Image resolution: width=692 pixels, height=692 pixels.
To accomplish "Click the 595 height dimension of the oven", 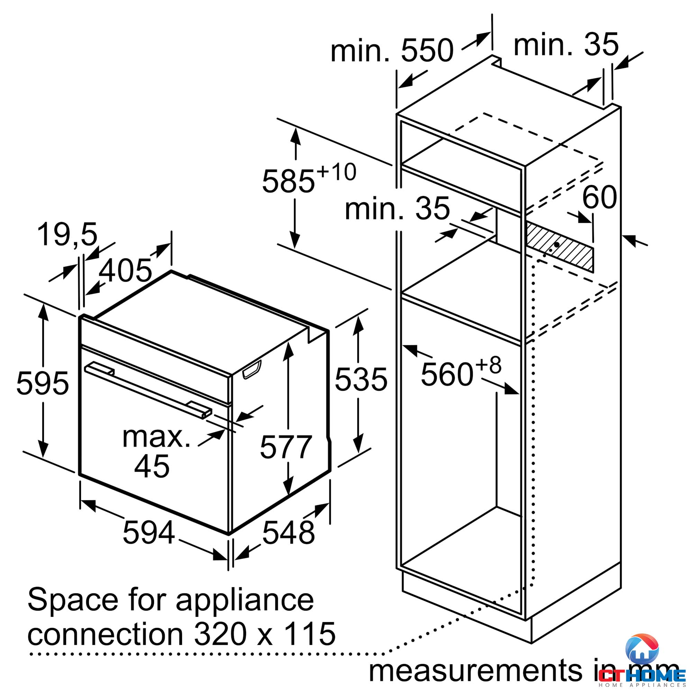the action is coord(43,383).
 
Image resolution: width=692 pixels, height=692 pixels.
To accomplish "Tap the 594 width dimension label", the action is coord(149,532).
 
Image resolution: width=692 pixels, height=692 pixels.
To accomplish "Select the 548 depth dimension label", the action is coord(288,532).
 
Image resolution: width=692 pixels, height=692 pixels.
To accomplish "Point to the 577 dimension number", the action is coord(286,447).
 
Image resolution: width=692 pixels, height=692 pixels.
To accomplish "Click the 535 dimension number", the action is coord(361,379).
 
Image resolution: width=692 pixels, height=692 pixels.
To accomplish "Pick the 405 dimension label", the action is coord(125,270).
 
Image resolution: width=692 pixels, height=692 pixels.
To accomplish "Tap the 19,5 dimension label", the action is coord(67,235).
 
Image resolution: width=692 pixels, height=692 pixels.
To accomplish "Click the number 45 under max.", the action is coord(152,466).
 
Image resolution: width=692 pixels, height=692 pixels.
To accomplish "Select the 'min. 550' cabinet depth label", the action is coord(392,51).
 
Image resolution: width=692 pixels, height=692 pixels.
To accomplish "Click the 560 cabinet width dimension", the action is coord(447,375).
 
